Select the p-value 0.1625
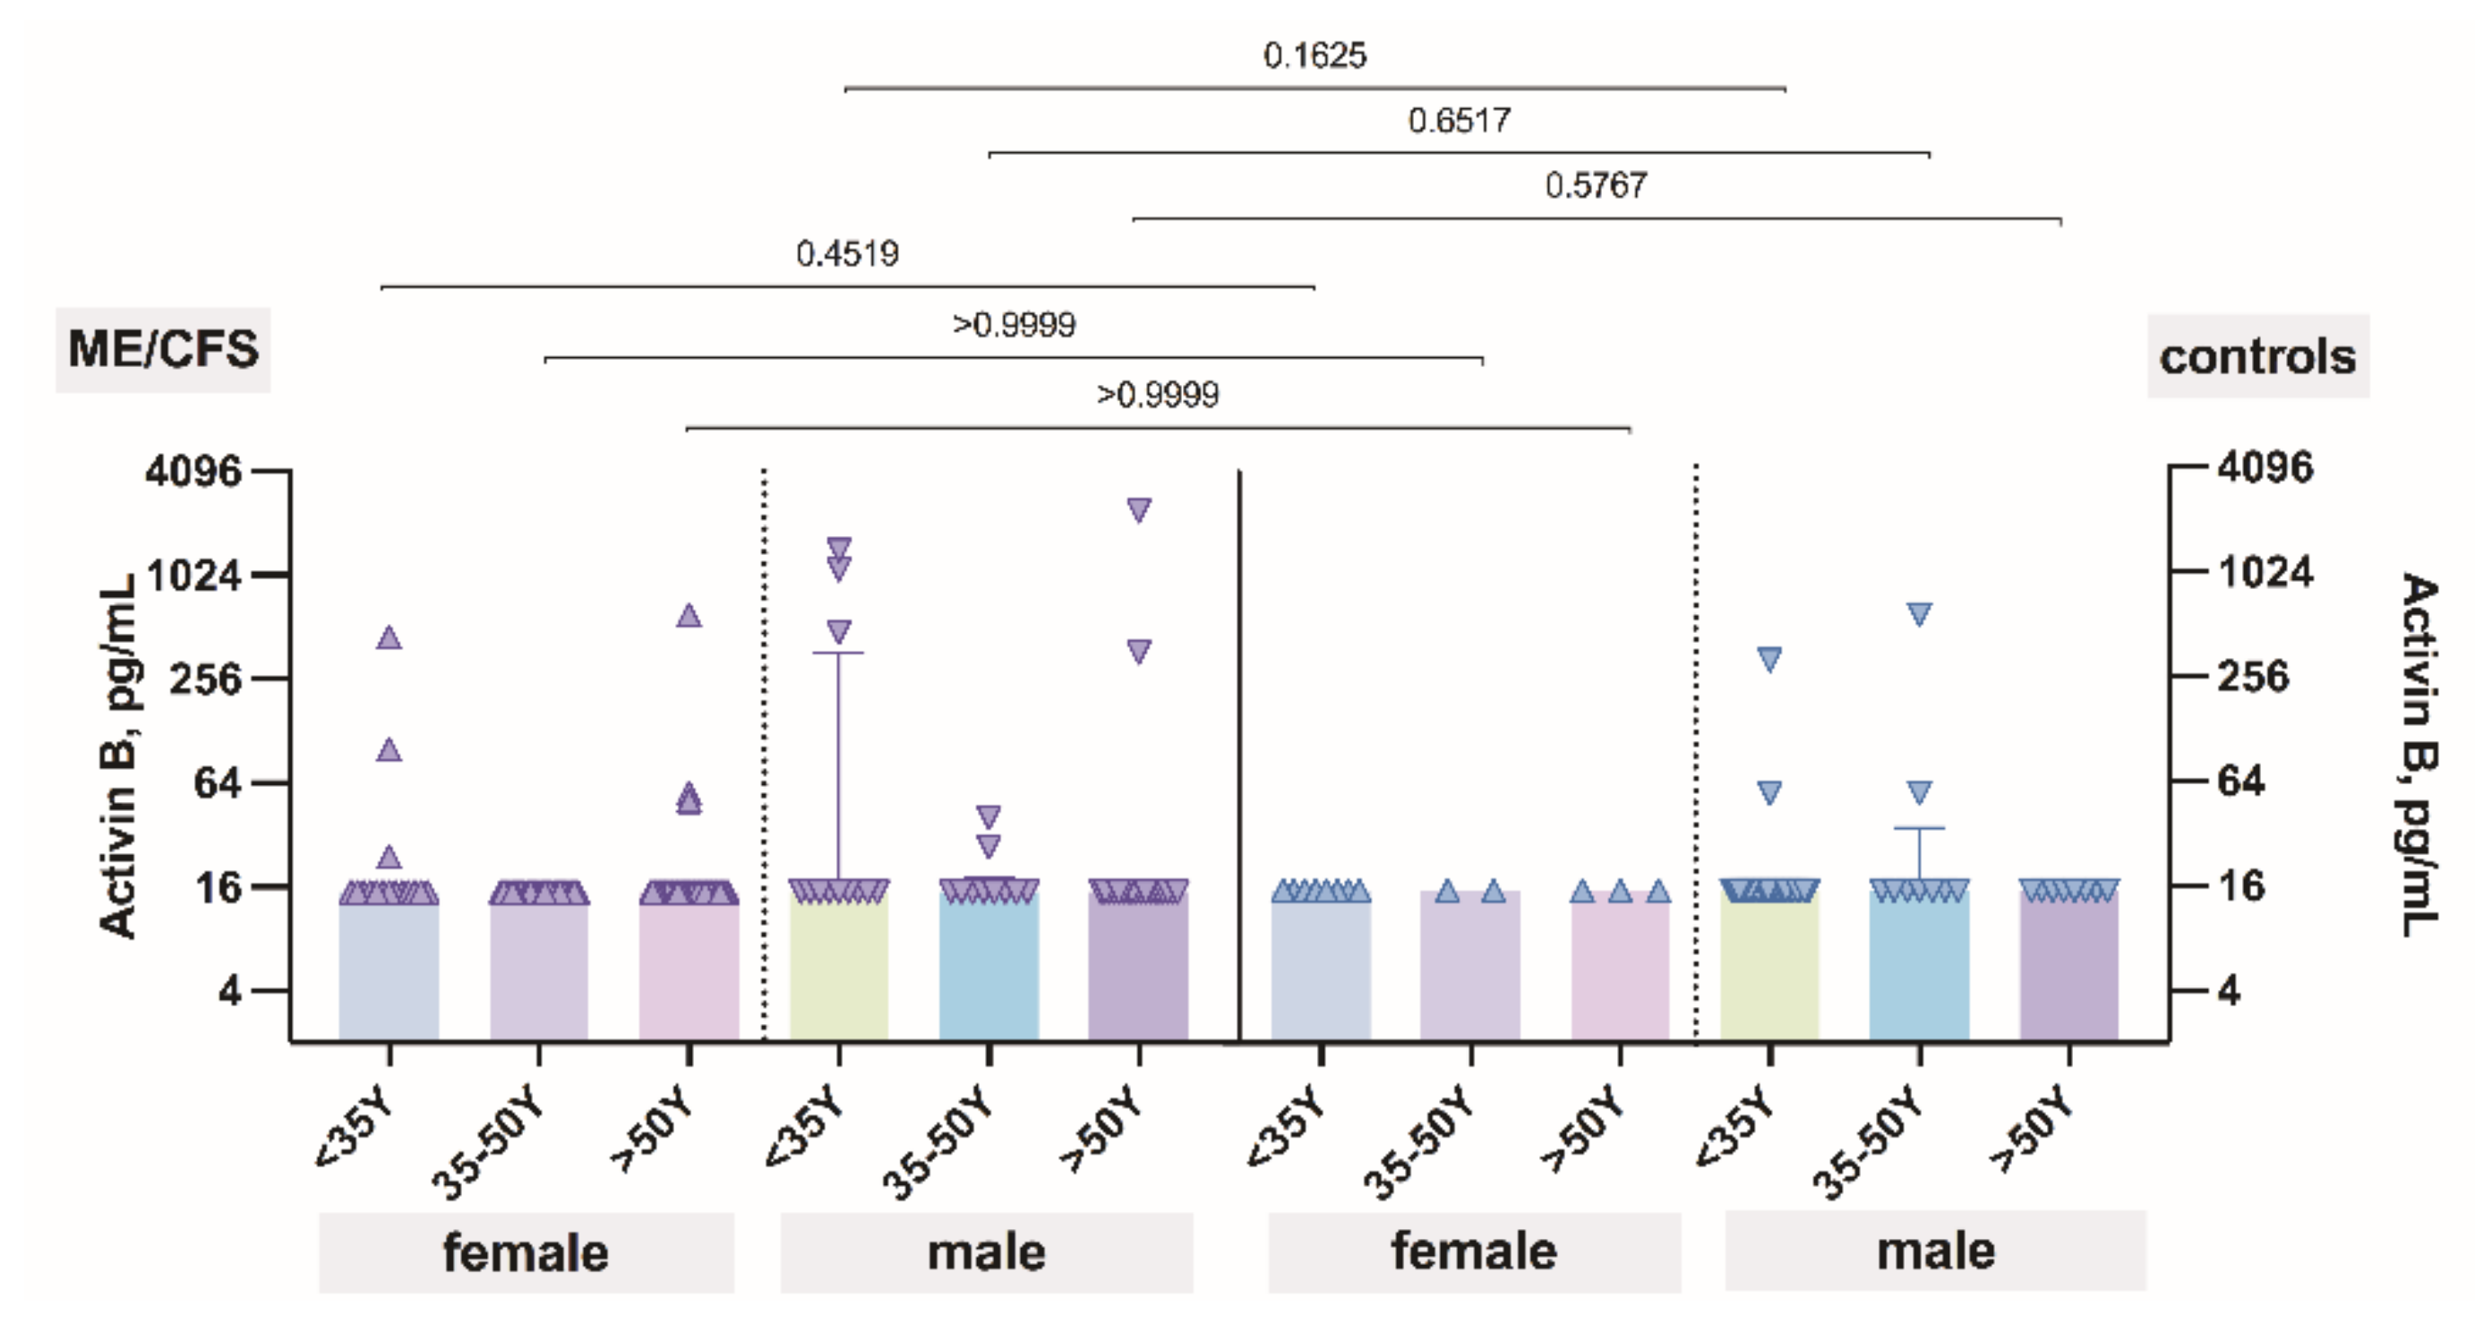1314,55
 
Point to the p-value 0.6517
1459,121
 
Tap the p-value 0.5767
1595,185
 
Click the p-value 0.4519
846,254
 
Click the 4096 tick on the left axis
194,472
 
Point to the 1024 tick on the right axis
2265,572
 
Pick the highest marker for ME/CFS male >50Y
1138,510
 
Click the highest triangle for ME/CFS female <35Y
388,637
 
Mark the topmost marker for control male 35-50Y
1919,615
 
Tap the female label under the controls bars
1473,1251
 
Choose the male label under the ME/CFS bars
986,1253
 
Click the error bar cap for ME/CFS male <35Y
839,653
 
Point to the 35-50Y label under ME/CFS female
488,1143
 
